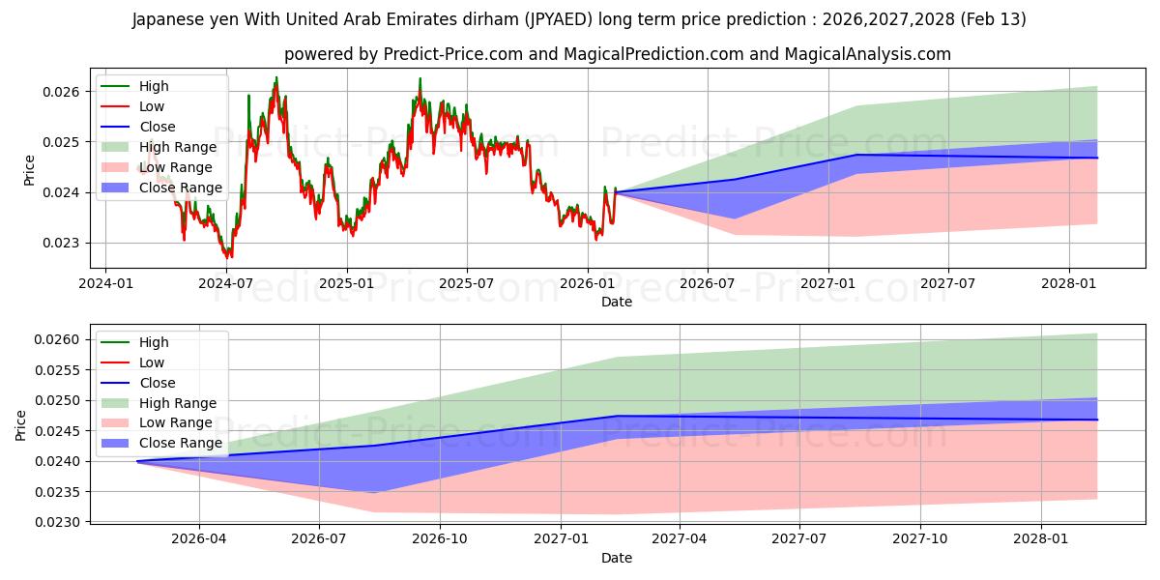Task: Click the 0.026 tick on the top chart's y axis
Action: [65, 92]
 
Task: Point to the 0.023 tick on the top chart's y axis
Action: [65, 244]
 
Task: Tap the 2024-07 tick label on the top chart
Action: [226, 283]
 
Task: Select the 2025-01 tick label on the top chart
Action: [346, 283]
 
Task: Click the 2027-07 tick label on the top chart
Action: [947, 283]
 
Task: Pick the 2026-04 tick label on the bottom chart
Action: [199, 538]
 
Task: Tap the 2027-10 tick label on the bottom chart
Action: [920, 538]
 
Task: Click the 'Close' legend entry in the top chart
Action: [158, 127]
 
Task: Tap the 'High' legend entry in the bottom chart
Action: [154, 342]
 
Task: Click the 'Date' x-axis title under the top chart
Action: [617, 302]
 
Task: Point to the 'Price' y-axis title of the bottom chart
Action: [21, 424]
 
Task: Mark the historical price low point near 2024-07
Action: [228, 257]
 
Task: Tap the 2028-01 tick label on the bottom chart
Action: [1042, 538]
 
